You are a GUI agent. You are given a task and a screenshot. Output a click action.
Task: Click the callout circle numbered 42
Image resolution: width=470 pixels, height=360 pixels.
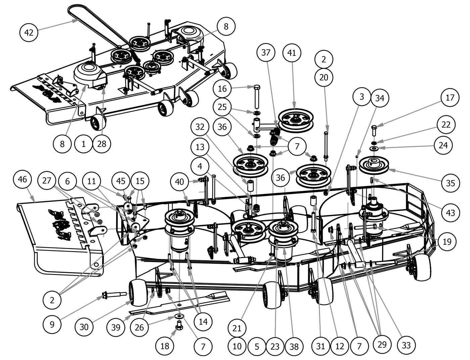pyautogui.click(x=29, y=33)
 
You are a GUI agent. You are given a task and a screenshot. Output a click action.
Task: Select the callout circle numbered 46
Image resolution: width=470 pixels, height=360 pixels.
pyautogui.click(x=22, y=179)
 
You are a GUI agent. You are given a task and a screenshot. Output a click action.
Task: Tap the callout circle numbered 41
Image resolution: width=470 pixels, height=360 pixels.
pyautogui.click(x=292, y=53)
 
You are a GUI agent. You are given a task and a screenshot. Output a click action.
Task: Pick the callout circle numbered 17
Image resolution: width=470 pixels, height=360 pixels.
pyautogui.click(x=450, y=98)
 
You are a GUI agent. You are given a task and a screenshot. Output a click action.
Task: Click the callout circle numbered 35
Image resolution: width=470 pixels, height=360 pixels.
pyautogui.click(x=451, y=183)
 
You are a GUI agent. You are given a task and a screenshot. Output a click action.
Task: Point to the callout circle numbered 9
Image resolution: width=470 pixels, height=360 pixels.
pyautogui.click(x=52, y=324)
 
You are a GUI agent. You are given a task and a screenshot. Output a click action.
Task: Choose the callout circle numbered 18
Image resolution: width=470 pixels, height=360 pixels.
pyautogui.click(x=165, y=346)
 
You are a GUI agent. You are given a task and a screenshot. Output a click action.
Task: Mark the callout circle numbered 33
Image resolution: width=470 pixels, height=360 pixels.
pyautogui.click(x=406, y=345)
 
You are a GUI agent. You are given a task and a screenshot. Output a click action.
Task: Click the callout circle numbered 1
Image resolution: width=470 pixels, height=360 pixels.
pyautogui.click(x=84, y=144)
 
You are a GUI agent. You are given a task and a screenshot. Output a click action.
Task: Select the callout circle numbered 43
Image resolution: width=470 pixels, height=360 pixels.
pyautogui.click(x=450, y=212)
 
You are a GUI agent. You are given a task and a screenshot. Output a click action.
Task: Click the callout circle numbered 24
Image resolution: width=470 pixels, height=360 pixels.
pyautogui.click(x=450, y=145)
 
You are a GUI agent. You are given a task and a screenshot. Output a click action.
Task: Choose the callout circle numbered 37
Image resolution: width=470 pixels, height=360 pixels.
pyautogui.click(x=266, y=53)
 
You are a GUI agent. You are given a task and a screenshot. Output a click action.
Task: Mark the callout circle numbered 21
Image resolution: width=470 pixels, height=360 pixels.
pyautogui.click(x=237, y=328)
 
